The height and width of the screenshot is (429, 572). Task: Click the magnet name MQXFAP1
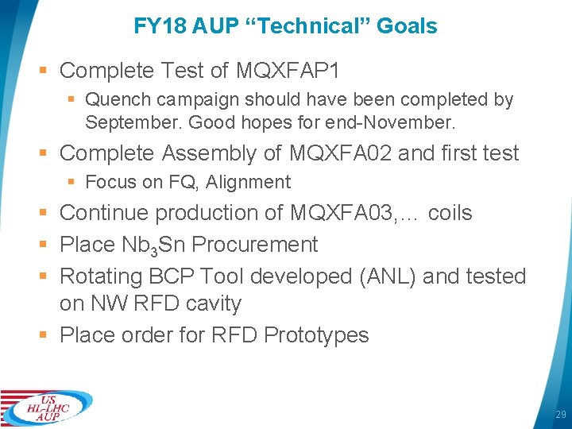[288, 71]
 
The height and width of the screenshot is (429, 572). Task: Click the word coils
[450, 213]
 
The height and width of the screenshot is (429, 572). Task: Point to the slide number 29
[560, 415]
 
